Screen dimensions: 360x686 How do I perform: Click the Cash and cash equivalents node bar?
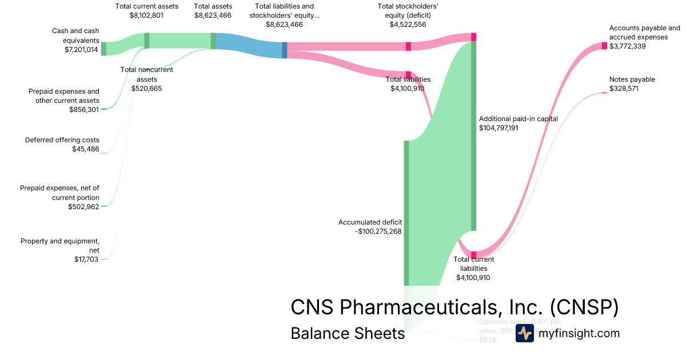[103, 49]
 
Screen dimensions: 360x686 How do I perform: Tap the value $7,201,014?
[82, 50]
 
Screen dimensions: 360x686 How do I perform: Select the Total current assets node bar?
[147, 41]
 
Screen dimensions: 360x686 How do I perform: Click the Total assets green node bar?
[213, 41]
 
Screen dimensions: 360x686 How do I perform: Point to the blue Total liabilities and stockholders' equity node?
[285, 50]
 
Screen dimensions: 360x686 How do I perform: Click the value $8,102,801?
[147, 16]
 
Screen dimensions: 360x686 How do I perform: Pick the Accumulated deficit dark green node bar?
[406, 213]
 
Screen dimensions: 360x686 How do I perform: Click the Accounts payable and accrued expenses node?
[604, 46]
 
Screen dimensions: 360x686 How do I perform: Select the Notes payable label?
[632, 79]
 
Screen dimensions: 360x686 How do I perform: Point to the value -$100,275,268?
[378, 231]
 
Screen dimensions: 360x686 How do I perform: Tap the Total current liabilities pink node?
[473, 255]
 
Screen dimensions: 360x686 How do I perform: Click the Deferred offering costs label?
[62, 140]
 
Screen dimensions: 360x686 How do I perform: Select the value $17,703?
[86, 259]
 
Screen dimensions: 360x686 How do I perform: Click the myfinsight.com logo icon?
[525, 333]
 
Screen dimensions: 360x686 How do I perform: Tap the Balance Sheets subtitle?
[348, 334]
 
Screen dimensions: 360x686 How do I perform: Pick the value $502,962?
[83, 206]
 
